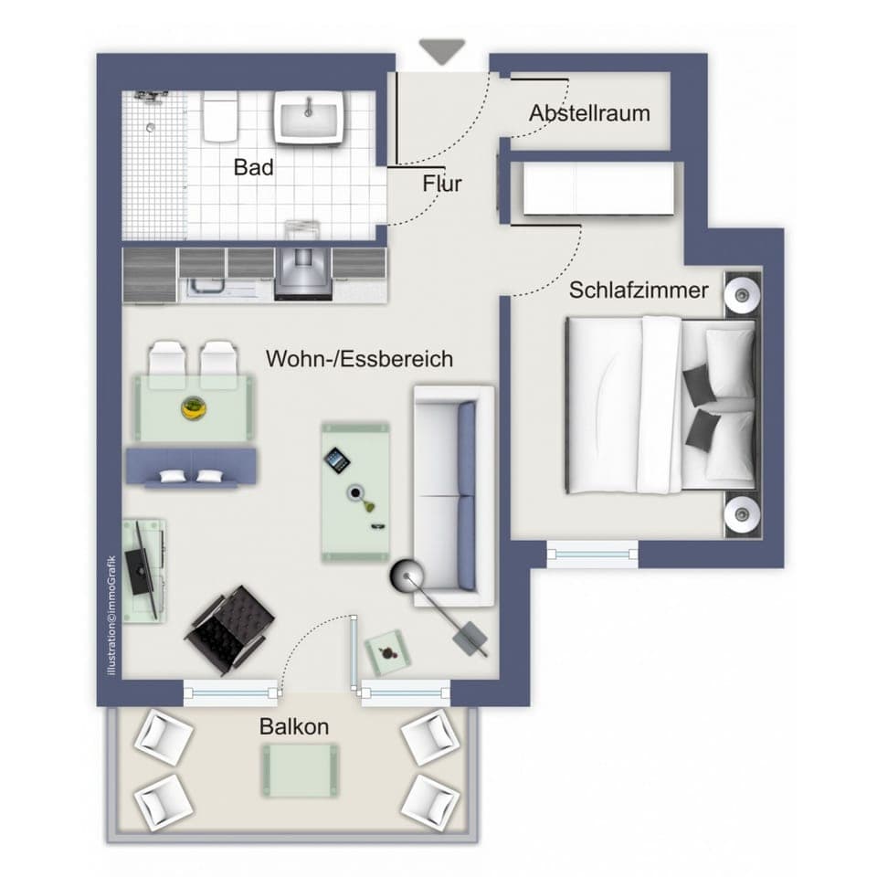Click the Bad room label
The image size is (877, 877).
click(253, 167)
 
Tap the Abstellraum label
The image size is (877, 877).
click(589, 113)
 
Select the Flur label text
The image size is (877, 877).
click(442, 184)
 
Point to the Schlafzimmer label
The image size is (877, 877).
click(639, 291)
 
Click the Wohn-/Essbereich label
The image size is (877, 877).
click(359, 359)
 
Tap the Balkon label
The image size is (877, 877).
click(293, 727)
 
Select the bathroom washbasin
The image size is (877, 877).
click(309, 118)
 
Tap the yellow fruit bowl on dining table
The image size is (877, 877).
click(193, 407)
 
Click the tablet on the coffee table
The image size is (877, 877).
click(338, 459)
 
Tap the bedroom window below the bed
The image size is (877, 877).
click(591, 552)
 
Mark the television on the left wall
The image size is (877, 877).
click(140, 565)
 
